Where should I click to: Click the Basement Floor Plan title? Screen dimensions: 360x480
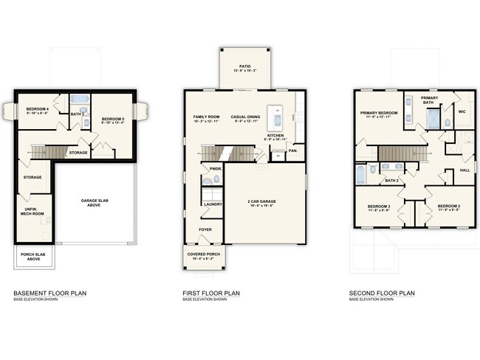tap(49, 293)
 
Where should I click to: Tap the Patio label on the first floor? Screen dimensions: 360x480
tap(244, 66)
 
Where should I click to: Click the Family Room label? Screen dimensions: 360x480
tap(208, 117)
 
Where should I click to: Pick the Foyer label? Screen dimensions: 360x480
tap(205, 229)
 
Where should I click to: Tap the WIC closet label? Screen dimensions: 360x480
tap(462, 111)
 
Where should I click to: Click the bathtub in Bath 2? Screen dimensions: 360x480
tap(360, 174)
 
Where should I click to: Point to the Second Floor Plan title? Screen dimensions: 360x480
tap(382, 293)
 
